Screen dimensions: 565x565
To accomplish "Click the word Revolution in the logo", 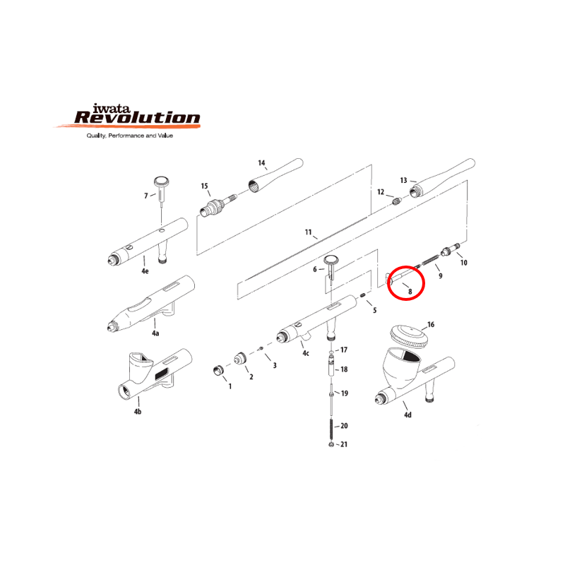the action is click(137, 117).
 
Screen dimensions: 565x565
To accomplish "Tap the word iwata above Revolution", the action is click(111, 108).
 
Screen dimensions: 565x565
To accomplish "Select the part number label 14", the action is click(261, 163).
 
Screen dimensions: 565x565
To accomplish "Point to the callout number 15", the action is click(204, 186).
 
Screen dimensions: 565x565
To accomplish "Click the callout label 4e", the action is click(145, 271).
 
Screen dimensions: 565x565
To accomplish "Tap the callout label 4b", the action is click(138, 412).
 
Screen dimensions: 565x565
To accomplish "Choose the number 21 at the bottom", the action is click(344, 444).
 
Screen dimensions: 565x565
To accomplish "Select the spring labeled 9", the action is click(430, 259).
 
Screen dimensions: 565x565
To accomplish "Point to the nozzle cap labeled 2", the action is click(240, 359).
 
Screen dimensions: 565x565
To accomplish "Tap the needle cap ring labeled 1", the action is click(218, 370).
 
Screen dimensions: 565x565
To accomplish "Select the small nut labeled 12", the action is click(396, 201).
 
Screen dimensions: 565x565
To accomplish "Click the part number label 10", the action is click(464, 263).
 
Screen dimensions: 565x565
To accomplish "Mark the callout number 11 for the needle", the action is click(308, 232).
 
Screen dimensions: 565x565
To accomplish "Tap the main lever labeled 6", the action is click(331, 267).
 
